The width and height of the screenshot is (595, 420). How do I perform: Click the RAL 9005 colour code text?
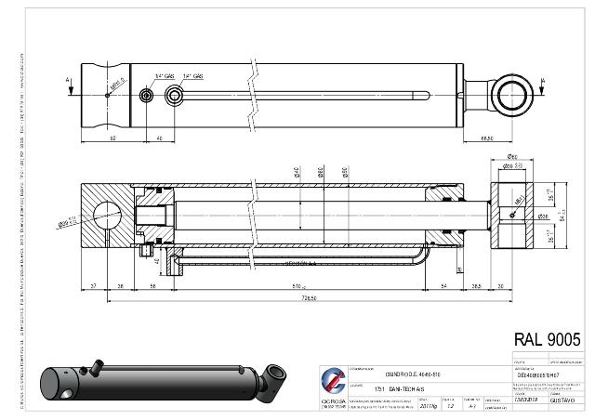click(547, 340)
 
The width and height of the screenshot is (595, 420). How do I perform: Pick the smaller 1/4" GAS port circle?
click(146, 96)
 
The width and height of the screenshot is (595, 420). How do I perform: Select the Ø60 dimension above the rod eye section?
click(513, 158)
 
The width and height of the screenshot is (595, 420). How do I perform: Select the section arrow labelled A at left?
click(69, 81)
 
